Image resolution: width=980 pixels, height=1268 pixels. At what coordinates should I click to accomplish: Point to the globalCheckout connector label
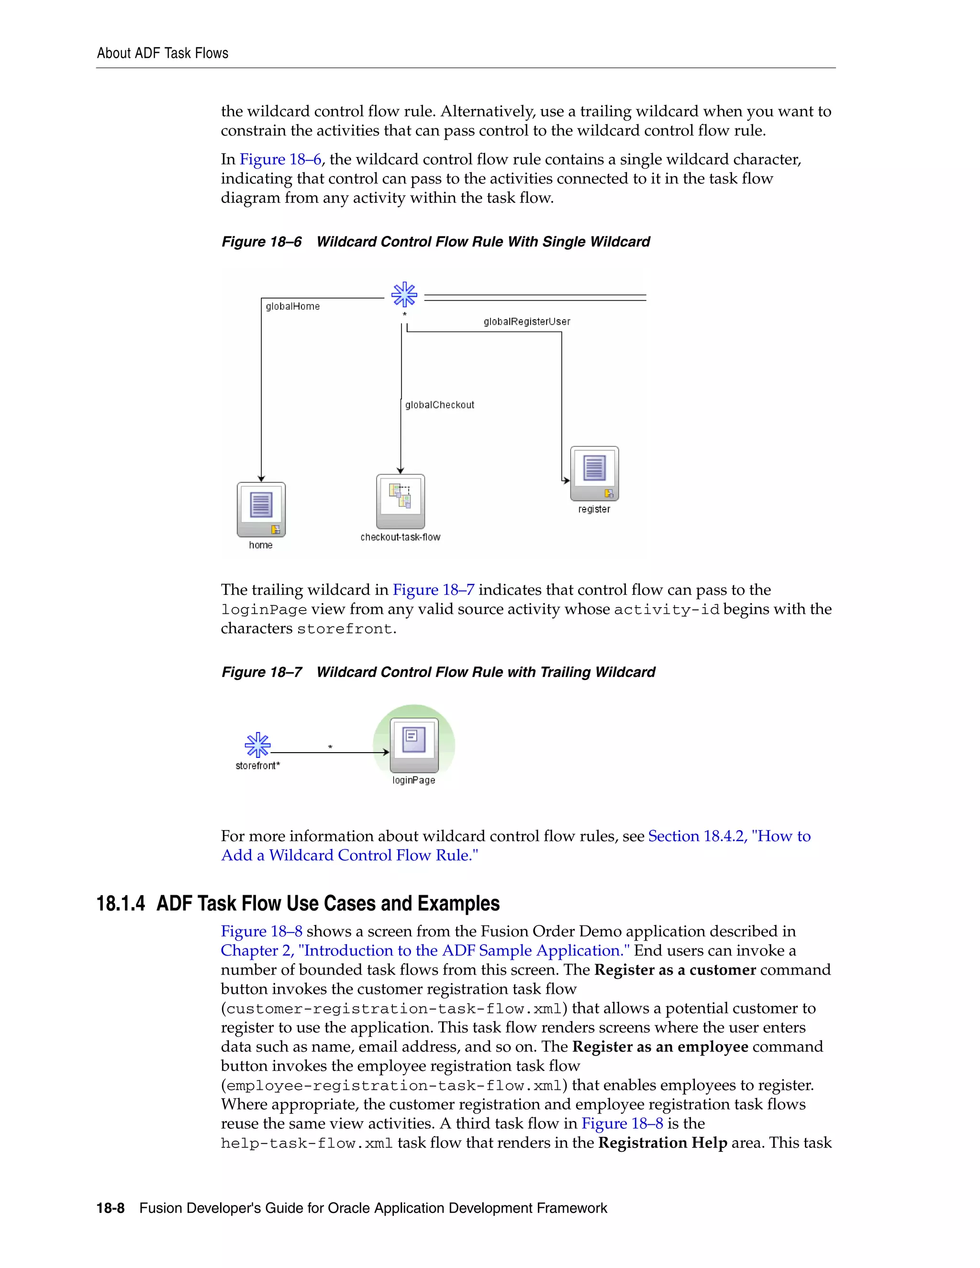[x=439, y=405]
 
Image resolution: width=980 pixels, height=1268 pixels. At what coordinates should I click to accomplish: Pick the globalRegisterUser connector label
[x=526, y=322]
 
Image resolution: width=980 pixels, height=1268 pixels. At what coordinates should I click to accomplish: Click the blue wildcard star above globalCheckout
[x=404, y=295]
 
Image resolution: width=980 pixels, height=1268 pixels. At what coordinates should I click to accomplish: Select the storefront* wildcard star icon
[x=257, y=745]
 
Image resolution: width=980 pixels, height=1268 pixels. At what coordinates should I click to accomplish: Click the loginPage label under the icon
[x=413, y=780]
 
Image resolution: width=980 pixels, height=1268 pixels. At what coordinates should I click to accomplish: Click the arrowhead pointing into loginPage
[x=386, y=753]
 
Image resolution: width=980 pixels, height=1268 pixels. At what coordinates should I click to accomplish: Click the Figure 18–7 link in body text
[x=433, y=590]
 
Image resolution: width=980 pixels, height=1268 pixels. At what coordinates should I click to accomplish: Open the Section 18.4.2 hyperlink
[x=729, y=836]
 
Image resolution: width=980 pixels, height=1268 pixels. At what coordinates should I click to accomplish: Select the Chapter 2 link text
[x=424, y=950]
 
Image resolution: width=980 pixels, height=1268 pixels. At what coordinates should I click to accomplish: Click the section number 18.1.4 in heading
[x=121, y=904]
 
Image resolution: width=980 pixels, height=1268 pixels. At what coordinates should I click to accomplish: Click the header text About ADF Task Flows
[x=163, y=54]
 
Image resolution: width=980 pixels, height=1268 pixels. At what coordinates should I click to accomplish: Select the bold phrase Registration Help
[x=662, y=1143]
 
